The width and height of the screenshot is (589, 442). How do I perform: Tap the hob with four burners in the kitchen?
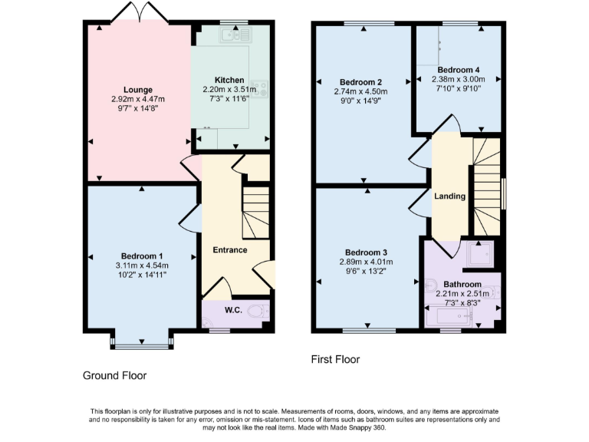262,89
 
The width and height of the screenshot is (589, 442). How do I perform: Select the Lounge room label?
138,90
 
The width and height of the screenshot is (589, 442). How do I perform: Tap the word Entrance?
229,249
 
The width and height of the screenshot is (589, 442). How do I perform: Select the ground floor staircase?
256,211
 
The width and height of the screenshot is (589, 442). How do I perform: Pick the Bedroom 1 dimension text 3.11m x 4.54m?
141,266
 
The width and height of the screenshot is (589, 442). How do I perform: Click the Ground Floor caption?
114,375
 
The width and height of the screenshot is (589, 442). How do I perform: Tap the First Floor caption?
335,359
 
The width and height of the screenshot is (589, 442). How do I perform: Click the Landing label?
449,196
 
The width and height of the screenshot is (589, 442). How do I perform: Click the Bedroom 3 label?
366,252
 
